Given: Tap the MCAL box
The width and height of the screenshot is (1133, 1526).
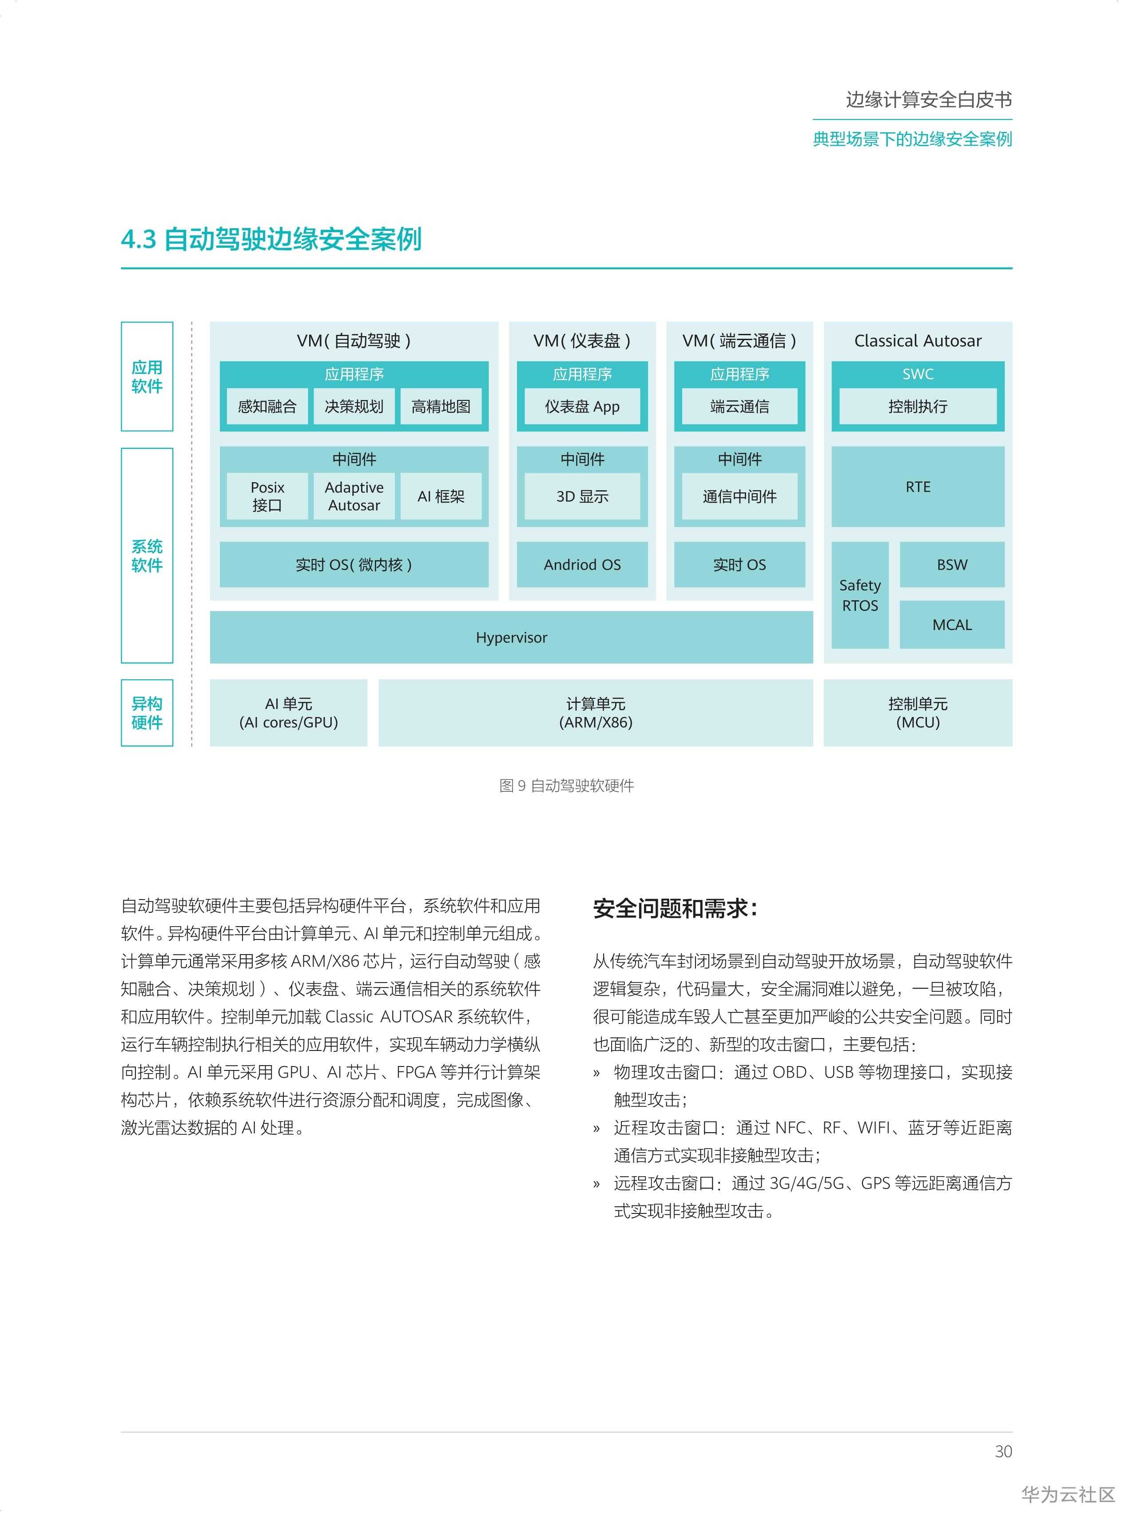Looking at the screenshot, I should pyautogui.click(x=951, y=625).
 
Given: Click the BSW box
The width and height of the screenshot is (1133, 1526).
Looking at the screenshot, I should pyautogui.click(x=951, y=565).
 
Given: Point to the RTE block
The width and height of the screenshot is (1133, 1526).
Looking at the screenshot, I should pyautogui.click(x=917, y=487).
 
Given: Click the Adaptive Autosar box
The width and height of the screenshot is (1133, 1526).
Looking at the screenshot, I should pyautogui.click(x=354, y=496).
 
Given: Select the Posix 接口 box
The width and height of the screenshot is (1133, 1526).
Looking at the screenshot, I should pyautogui.click(x=267, y=496).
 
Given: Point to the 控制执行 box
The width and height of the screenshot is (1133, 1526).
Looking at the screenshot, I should pyautogui.click(x=917, y=407).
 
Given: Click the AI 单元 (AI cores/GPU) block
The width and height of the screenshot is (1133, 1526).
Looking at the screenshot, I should pyautogui.click(x=288, y=713).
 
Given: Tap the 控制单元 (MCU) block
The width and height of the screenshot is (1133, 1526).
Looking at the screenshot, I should pyautogui.click(x=917, y=713).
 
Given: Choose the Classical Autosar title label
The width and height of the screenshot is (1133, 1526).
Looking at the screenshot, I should pyautogui.click(x=917, y=341).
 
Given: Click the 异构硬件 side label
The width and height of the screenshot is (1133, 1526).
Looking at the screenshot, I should pyautogui.click(x=147, y=713).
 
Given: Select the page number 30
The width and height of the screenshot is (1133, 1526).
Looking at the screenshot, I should pyautogui.click(x=1003, y=1451).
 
